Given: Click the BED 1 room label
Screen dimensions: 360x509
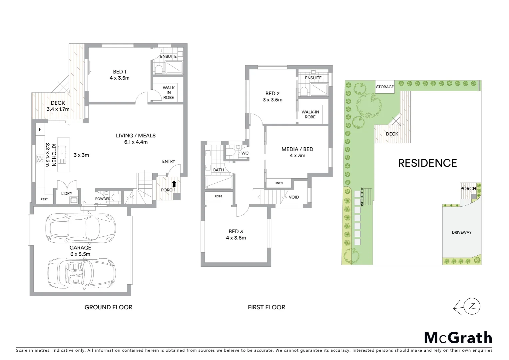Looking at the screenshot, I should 120,72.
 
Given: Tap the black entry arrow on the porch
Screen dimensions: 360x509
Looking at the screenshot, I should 174,183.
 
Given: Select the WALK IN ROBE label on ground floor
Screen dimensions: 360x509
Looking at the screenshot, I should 169,93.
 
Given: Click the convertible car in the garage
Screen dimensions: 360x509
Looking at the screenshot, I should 82,269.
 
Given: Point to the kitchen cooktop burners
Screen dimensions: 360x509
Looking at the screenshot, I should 40,159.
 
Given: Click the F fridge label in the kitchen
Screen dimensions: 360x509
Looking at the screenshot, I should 40,129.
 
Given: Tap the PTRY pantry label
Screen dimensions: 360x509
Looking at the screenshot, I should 44,199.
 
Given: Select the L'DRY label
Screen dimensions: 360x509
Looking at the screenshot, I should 67,193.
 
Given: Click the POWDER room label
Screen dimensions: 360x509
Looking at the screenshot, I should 103,199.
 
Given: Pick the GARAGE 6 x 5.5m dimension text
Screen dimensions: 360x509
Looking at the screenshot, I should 80,254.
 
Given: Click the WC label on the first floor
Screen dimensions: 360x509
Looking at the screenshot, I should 245,153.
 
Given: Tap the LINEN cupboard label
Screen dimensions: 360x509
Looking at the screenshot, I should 278,183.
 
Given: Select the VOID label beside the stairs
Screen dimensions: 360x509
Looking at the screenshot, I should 294,197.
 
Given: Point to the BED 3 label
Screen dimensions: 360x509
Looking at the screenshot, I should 236,231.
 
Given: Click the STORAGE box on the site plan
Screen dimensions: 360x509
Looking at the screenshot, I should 385,87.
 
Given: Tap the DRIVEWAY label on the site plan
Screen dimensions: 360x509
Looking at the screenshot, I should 462,232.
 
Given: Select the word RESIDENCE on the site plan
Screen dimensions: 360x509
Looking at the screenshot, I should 427,163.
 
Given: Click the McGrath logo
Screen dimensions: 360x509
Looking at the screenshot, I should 458,338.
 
